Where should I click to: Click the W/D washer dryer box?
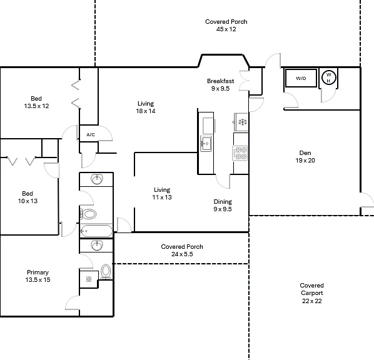301,78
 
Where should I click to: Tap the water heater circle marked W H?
329,77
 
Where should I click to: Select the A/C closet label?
91,135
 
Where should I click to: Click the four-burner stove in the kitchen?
240,153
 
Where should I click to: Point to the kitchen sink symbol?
206,144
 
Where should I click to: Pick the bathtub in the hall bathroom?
96,231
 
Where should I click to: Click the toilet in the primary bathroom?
106,272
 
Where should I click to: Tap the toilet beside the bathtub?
88,214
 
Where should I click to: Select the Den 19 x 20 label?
305,157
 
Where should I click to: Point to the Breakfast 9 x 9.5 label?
220,84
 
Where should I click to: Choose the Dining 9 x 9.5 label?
223,205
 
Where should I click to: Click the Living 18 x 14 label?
146,107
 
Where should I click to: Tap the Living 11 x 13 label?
162,193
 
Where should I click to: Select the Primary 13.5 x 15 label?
38,276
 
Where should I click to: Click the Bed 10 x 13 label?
28,197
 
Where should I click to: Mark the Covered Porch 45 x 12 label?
226,25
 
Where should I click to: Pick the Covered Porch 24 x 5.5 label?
182,251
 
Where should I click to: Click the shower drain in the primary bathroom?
89,279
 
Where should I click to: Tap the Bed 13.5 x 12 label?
36,102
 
